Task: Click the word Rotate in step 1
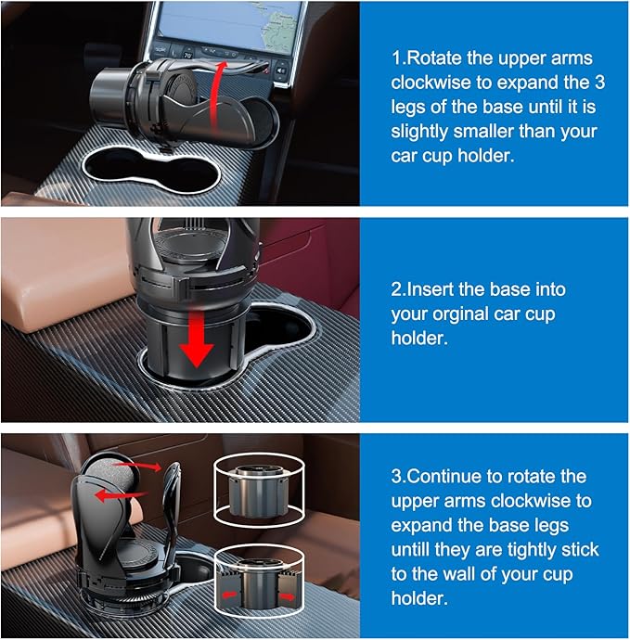[x=433, y=58]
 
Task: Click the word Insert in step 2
[x=434, y=289]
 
